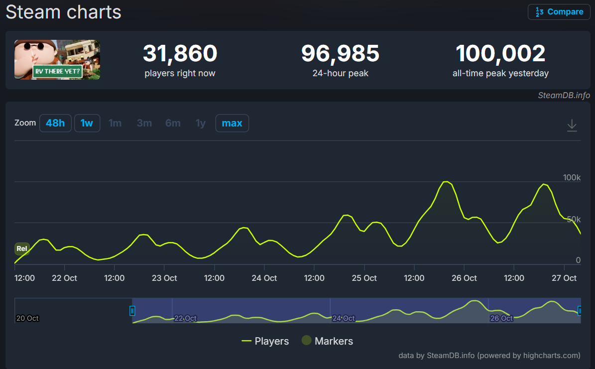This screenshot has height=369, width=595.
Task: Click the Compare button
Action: tap(559, 12)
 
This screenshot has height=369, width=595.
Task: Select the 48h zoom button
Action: tap(55, 123)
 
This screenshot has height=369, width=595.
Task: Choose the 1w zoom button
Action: tap(87, 123)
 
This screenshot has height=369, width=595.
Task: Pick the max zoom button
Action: tap(232, 123)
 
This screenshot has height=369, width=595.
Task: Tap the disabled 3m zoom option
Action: tap(144, 123)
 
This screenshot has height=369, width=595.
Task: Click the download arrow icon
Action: tap(572, 125)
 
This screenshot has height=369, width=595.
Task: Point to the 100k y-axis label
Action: tap(572, 178)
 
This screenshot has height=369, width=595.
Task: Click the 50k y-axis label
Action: tap(573, 220)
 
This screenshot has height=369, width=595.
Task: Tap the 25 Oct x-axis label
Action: tap(364, 278)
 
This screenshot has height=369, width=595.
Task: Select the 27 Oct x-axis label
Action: tap(564, 278)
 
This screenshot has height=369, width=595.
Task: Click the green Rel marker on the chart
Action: tap(22, 248)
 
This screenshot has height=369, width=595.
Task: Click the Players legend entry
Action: tap(265, 341)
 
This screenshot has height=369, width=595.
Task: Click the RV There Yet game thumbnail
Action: tap(57, 60)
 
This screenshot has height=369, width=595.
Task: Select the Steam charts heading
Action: tap(63, 12)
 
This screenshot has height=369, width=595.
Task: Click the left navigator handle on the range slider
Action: tap(132, 311)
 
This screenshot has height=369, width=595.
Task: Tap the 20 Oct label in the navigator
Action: tap(27, 318)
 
